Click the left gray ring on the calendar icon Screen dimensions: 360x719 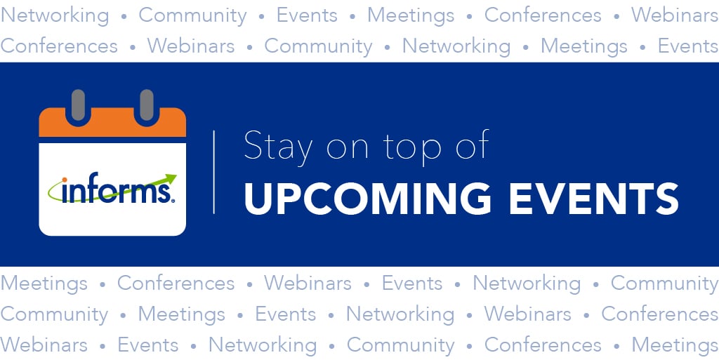(x=79, y=104)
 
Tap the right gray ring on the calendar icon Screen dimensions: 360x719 (x=146, y=104)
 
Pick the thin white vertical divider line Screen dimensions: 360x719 (x=214, y=171)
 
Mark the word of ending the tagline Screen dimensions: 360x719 (x=471, y=147)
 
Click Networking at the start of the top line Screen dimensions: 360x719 (x=55, y=15)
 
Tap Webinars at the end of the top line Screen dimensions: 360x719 (x=674, y=15)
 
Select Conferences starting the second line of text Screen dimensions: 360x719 (x=59, y=46)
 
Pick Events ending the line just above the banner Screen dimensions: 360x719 (x=687, y=46)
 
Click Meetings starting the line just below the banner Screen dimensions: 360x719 (x=44, y=284)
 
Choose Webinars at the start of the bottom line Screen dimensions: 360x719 (x=44, y=345)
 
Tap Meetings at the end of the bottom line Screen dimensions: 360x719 (x=674, y=345)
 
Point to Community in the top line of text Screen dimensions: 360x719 (x=192, y=15)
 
